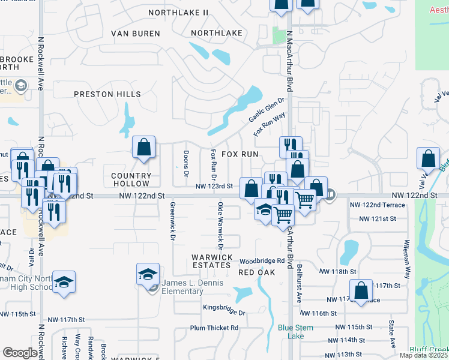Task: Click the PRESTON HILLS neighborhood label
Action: [107, 94]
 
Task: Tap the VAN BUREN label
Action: [135, 34]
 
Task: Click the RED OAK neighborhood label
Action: [256, 272]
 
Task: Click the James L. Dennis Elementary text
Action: [184, 287]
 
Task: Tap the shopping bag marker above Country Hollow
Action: [144, 148]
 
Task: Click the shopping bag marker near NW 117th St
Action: [361, 292]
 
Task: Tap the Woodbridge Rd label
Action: [262, 261]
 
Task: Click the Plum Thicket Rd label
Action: [214, 328]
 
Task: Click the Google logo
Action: [20, 353]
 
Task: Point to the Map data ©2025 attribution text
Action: [424, 355]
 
